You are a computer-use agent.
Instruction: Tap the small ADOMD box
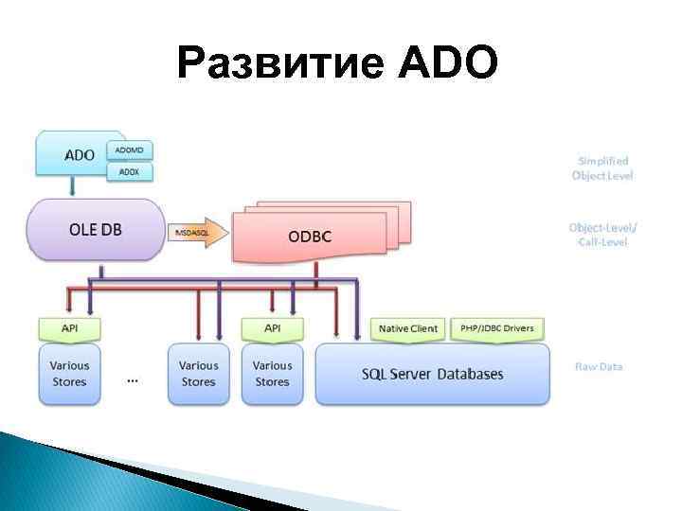[131, 150]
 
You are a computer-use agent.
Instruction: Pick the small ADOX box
[131, 171]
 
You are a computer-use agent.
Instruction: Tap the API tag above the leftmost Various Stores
[69, 328]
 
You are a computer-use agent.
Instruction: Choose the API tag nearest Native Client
[273, 328]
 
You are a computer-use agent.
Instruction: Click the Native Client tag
[408, 328]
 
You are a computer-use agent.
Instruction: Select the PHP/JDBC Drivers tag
[497, 328]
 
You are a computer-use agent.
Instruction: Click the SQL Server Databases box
[432, 374]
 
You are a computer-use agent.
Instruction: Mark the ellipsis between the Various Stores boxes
[133, 380]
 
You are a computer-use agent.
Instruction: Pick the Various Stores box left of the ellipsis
[69, 374]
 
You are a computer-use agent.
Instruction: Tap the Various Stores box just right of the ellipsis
[198, 374]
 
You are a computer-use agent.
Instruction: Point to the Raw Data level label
[599, 366]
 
